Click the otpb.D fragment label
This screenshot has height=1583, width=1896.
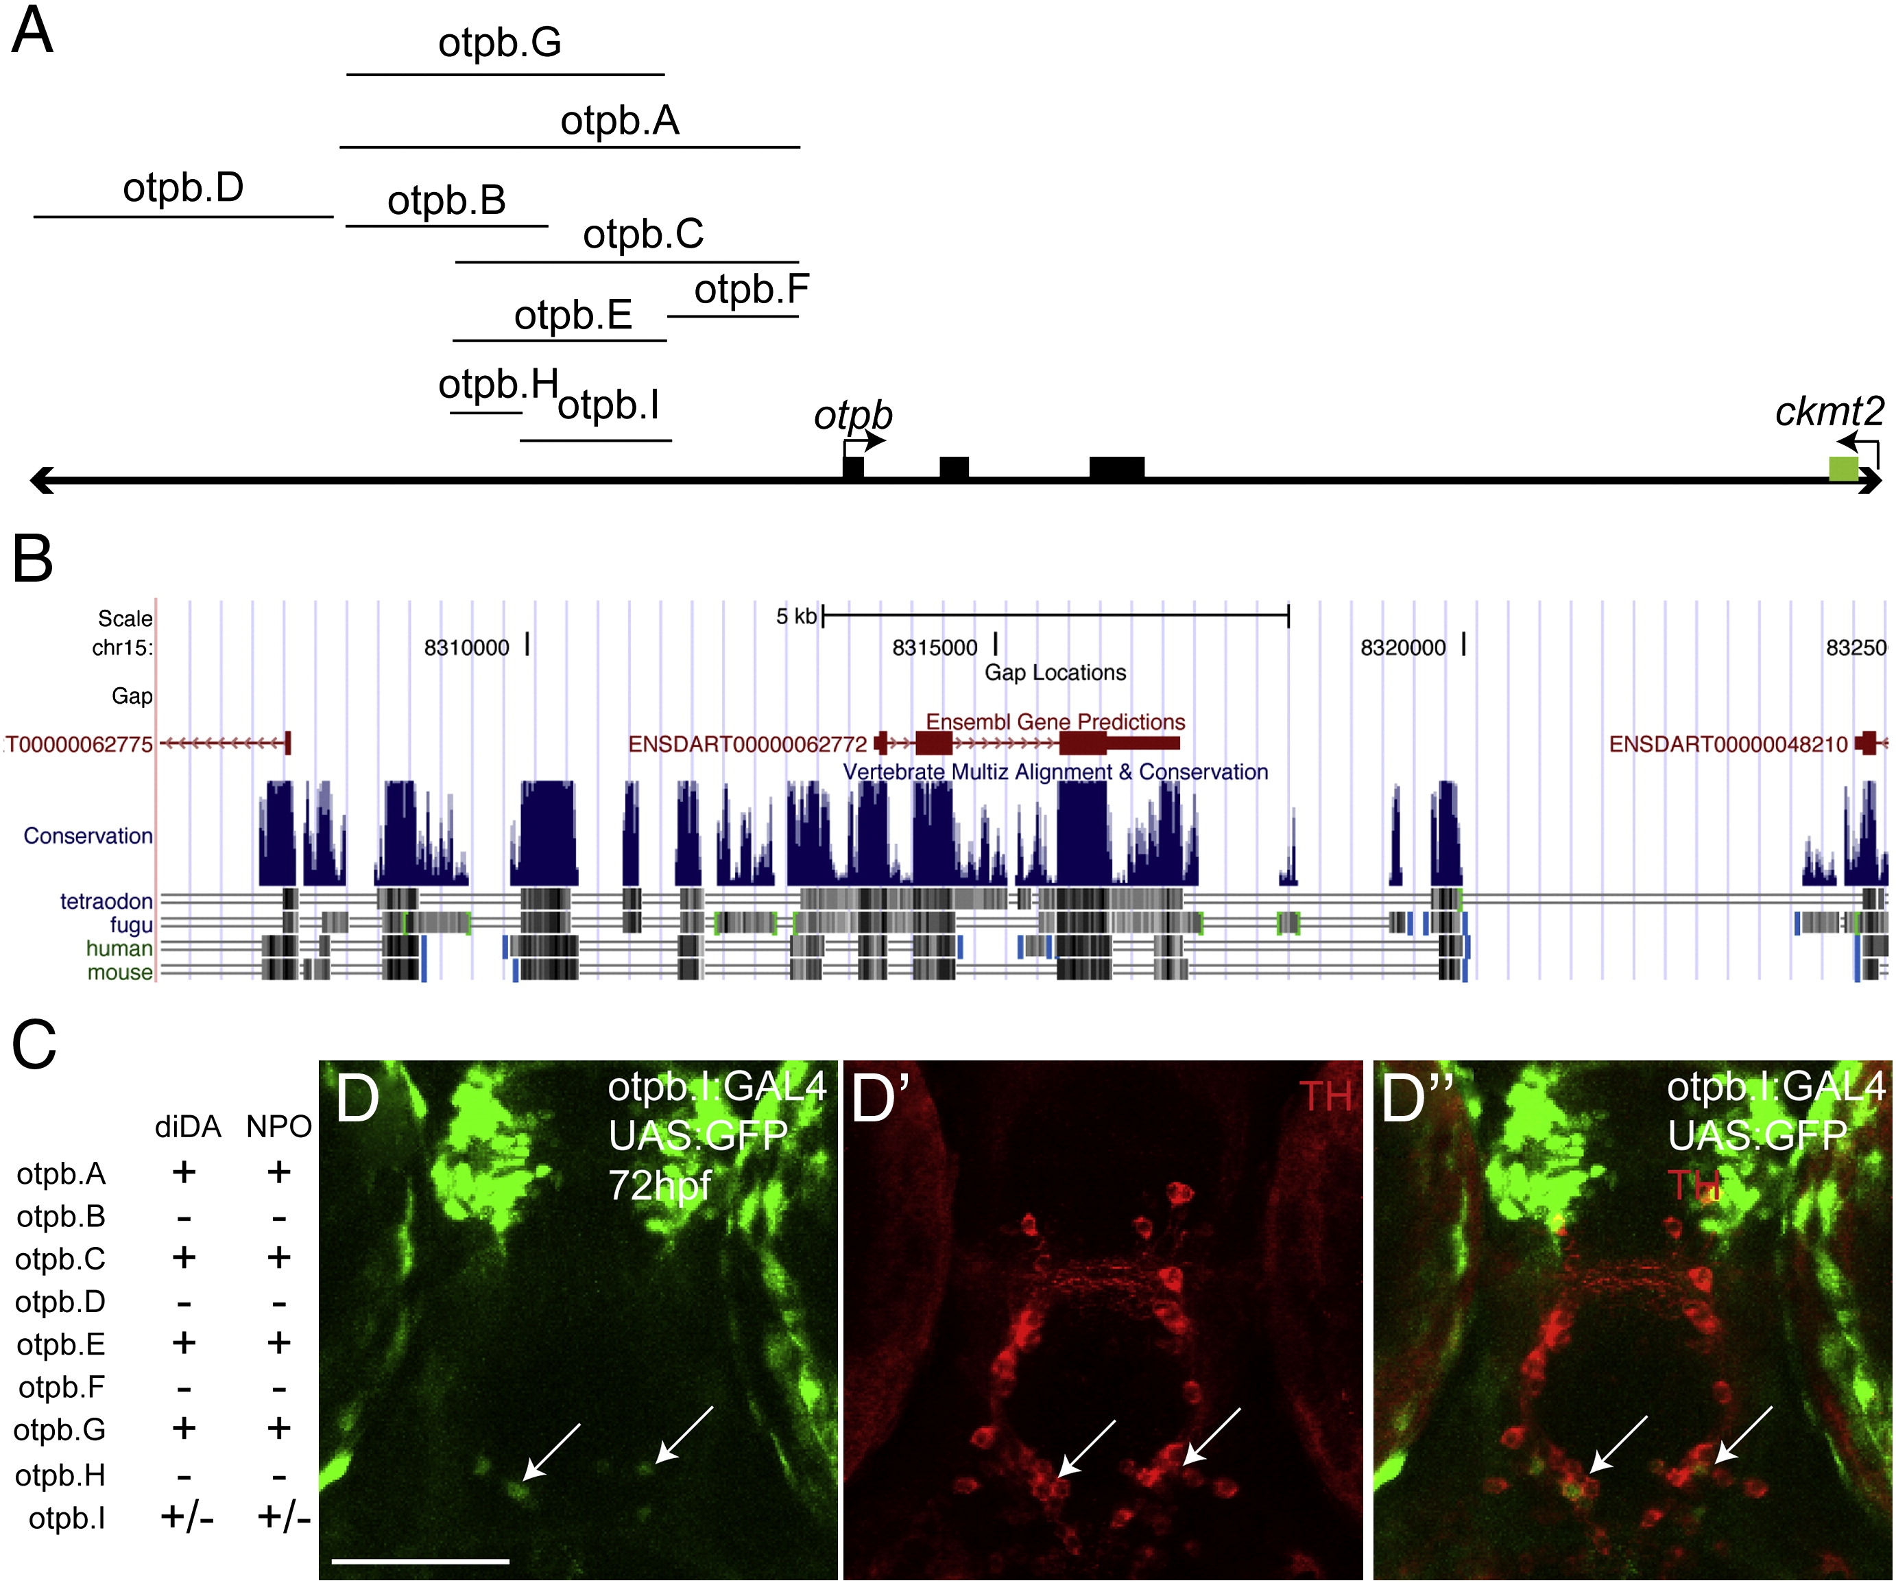click(x=183, y=188)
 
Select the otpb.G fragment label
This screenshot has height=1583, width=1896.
click(x=499, y=43)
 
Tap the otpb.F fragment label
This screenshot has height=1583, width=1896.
click(x=751, y=290)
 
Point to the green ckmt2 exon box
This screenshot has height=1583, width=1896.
click(x=1843, y=468)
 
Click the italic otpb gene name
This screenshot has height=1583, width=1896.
click(x=853, y=416)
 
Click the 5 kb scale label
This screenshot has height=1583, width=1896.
click(x=795, y=617)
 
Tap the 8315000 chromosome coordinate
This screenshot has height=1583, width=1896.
click(x=935, y=647)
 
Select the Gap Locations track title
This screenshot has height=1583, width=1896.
click(x=1055, y=673)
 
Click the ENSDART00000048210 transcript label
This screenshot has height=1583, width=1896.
click(x=1728, y=744)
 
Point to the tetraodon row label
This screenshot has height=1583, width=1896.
click(x=106, y=901)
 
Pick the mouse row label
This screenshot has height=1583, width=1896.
click(x=120, y=973)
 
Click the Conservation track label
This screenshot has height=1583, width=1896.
click(x=88, y=836)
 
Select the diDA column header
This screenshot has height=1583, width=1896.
click(x=188, y=1127)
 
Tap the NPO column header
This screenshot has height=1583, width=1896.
click(x=279, y=1127)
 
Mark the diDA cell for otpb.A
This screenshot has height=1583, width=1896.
click(x=184, y=1172)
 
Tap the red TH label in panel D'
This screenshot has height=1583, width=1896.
click(x=1325, y=1096)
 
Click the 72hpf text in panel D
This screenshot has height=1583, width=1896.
click(x=660, y=1185)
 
